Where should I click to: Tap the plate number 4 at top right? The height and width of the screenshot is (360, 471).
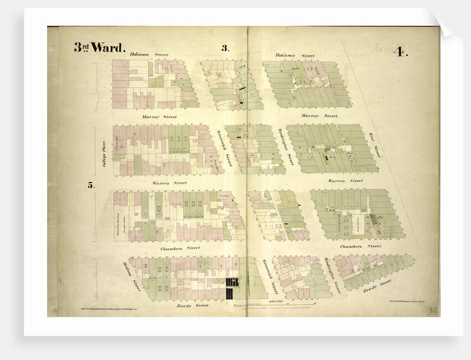point(400,53)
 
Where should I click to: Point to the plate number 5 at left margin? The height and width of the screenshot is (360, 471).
point(90,186)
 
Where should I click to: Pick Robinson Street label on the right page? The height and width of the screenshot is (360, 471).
point(295,56)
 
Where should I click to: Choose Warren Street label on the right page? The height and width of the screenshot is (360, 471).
point(345,181)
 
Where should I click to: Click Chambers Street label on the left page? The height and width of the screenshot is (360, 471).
point(180,248)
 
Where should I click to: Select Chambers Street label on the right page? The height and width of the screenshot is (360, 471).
point(360,245)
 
